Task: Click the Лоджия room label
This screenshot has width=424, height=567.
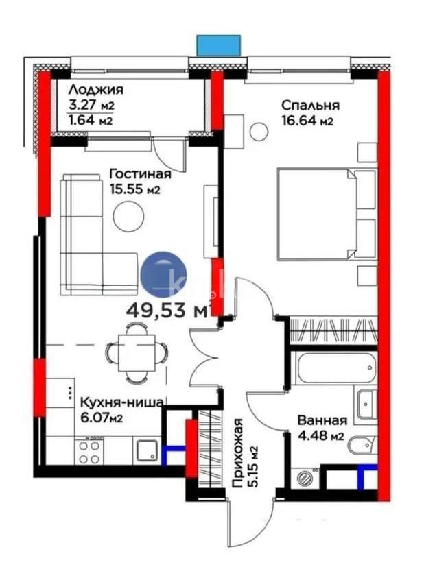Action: [x=96, y=90]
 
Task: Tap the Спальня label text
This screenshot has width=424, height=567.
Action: [x=310, y=106]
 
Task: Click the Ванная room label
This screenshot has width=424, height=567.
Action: [x=322, y=420]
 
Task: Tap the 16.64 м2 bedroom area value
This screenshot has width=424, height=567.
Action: [x=307, y=121]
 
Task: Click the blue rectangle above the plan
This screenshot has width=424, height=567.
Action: [x=219, y=45]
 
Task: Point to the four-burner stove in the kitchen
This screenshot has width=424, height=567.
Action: [x=89, y=453]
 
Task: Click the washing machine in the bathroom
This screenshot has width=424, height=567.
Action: [x=304, y=476]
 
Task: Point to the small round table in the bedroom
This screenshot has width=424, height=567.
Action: [x=259, y=130]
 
